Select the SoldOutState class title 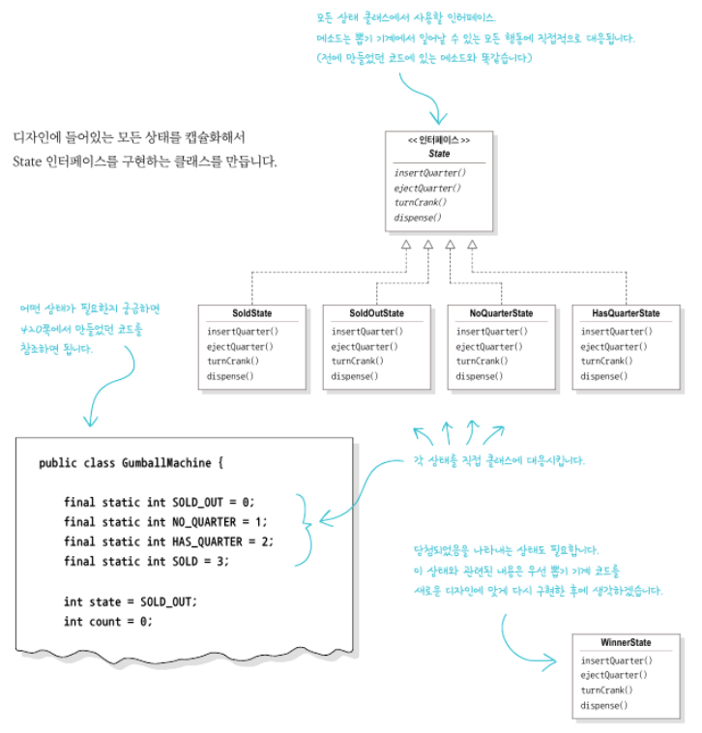point(376,313)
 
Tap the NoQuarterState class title point(501,313)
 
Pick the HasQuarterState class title point(626,313)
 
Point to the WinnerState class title point(625,643)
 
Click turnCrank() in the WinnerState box point(606,690)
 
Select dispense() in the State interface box point(418,218)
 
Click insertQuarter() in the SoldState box point(242,332)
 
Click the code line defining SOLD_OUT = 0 point(158,502)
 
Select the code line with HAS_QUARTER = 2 point(168,542)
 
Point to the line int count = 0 point(107,621)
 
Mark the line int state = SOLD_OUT point(130,601)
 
